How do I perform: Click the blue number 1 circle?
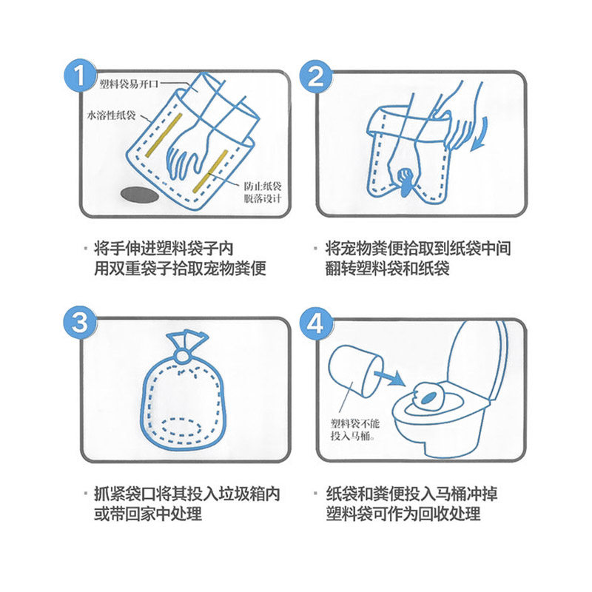tap(80, 75)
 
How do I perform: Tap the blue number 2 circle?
tap(316, 76)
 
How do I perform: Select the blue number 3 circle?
tap(80, 322)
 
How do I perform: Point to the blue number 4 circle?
tap(316, 323)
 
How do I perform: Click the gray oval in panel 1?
tap(139, 195)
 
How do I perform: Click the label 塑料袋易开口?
tap(129, 84)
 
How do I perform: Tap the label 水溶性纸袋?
tap(112, 115)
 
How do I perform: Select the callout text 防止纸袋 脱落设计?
tap(263, 192)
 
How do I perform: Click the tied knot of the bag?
tap(182, 356)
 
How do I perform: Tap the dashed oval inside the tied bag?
tap(183, 427)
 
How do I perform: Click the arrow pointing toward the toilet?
tap(390, 377)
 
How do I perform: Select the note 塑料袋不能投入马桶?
tap(355, 429)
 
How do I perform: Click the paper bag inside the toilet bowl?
tap(429, 397)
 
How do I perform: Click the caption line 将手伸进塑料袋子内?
tap(164, 249)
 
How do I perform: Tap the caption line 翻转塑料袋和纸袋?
tap(387, 269)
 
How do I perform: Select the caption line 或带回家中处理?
tap(147, 514)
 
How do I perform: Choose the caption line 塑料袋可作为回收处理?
tap(403, 514)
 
